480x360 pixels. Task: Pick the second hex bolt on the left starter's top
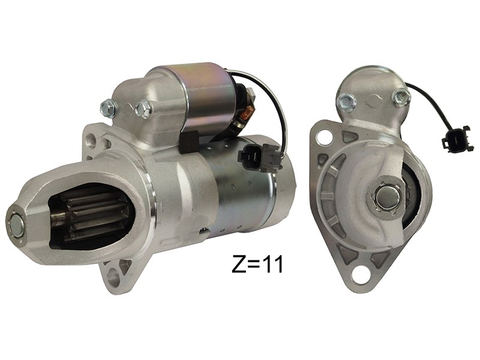(x=143, y=108)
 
